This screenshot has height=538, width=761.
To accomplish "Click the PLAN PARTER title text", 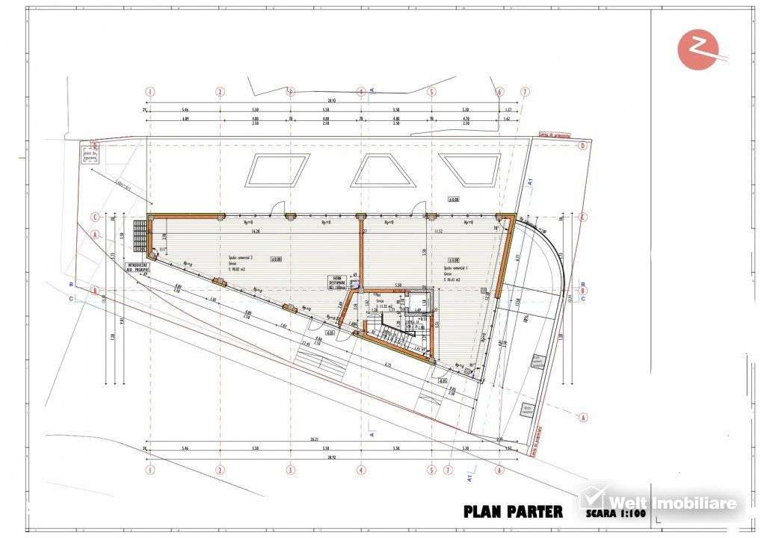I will [x=513, y=512].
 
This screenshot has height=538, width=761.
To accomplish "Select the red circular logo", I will [x=697, y=49].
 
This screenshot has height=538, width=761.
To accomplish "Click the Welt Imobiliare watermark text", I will [x=673, y=502].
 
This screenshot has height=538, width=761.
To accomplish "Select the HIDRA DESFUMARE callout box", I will [x=338, y=281].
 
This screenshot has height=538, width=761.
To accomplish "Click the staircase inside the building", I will [x=396, y=336].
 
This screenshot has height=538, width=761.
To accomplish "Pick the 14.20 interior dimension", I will [x=256, y=232].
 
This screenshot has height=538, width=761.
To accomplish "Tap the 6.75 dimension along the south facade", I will [x=388, y=365].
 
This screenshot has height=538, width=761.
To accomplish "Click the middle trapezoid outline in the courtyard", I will [x=382, y=170].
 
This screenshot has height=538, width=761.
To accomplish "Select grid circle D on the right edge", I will [x=582, y=146].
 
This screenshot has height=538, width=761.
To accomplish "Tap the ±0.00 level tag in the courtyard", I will [x=452, y=199].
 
